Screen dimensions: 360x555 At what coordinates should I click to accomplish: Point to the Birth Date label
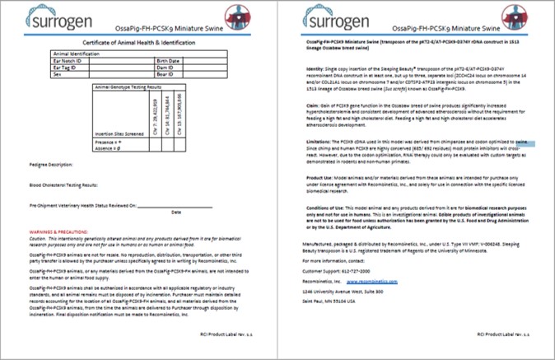pos(167,61)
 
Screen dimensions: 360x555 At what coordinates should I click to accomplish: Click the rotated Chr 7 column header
pos(156,112)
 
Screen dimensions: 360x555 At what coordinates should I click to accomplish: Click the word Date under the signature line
pos(175,211)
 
